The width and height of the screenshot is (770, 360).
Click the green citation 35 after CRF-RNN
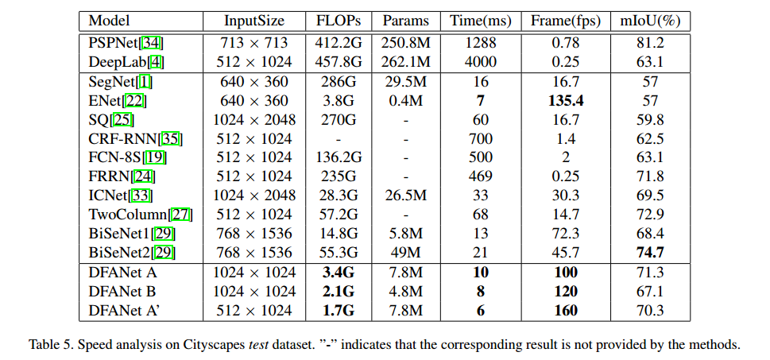[x=170, y=139]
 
